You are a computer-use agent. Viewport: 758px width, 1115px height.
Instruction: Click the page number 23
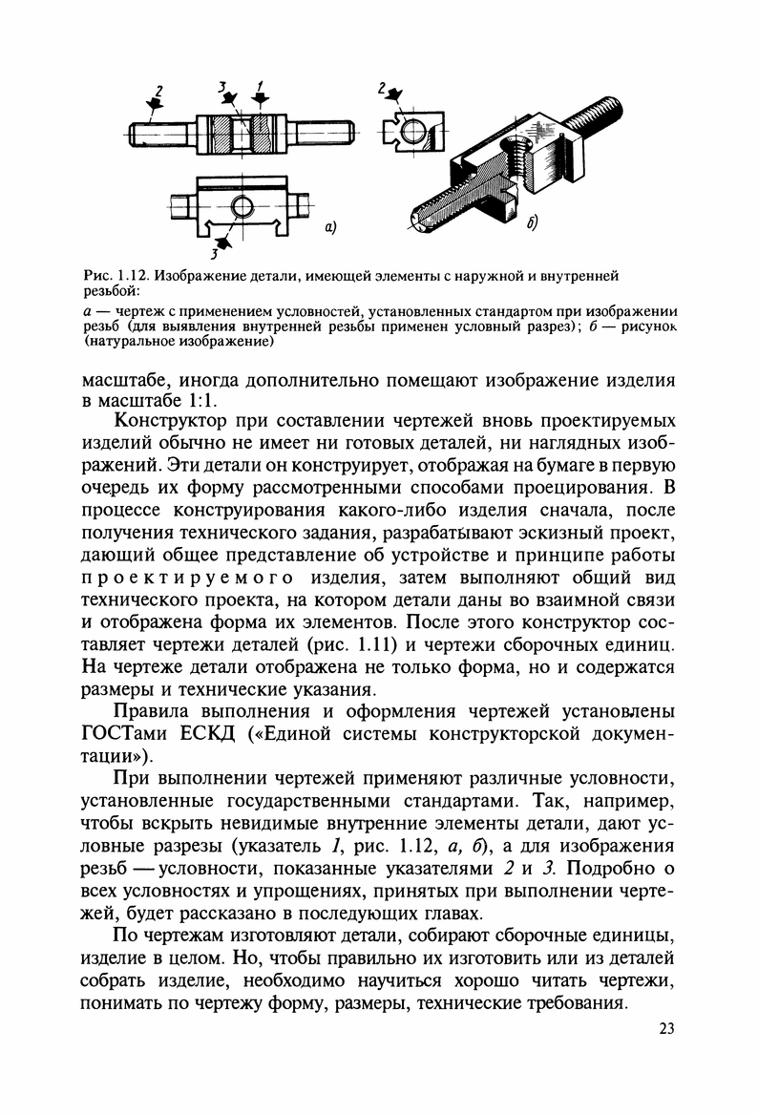click(x=666, y=1028)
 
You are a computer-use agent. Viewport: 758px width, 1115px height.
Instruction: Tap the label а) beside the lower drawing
click(x=330, y=227)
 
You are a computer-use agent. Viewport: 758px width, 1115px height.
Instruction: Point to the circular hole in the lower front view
click(x=243, y=205)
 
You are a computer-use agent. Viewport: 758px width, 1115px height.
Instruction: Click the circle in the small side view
click(x=411, y=133)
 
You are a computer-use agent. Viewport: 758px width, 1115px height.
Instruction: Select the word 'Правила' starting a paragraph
click(x=157, y=711)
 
